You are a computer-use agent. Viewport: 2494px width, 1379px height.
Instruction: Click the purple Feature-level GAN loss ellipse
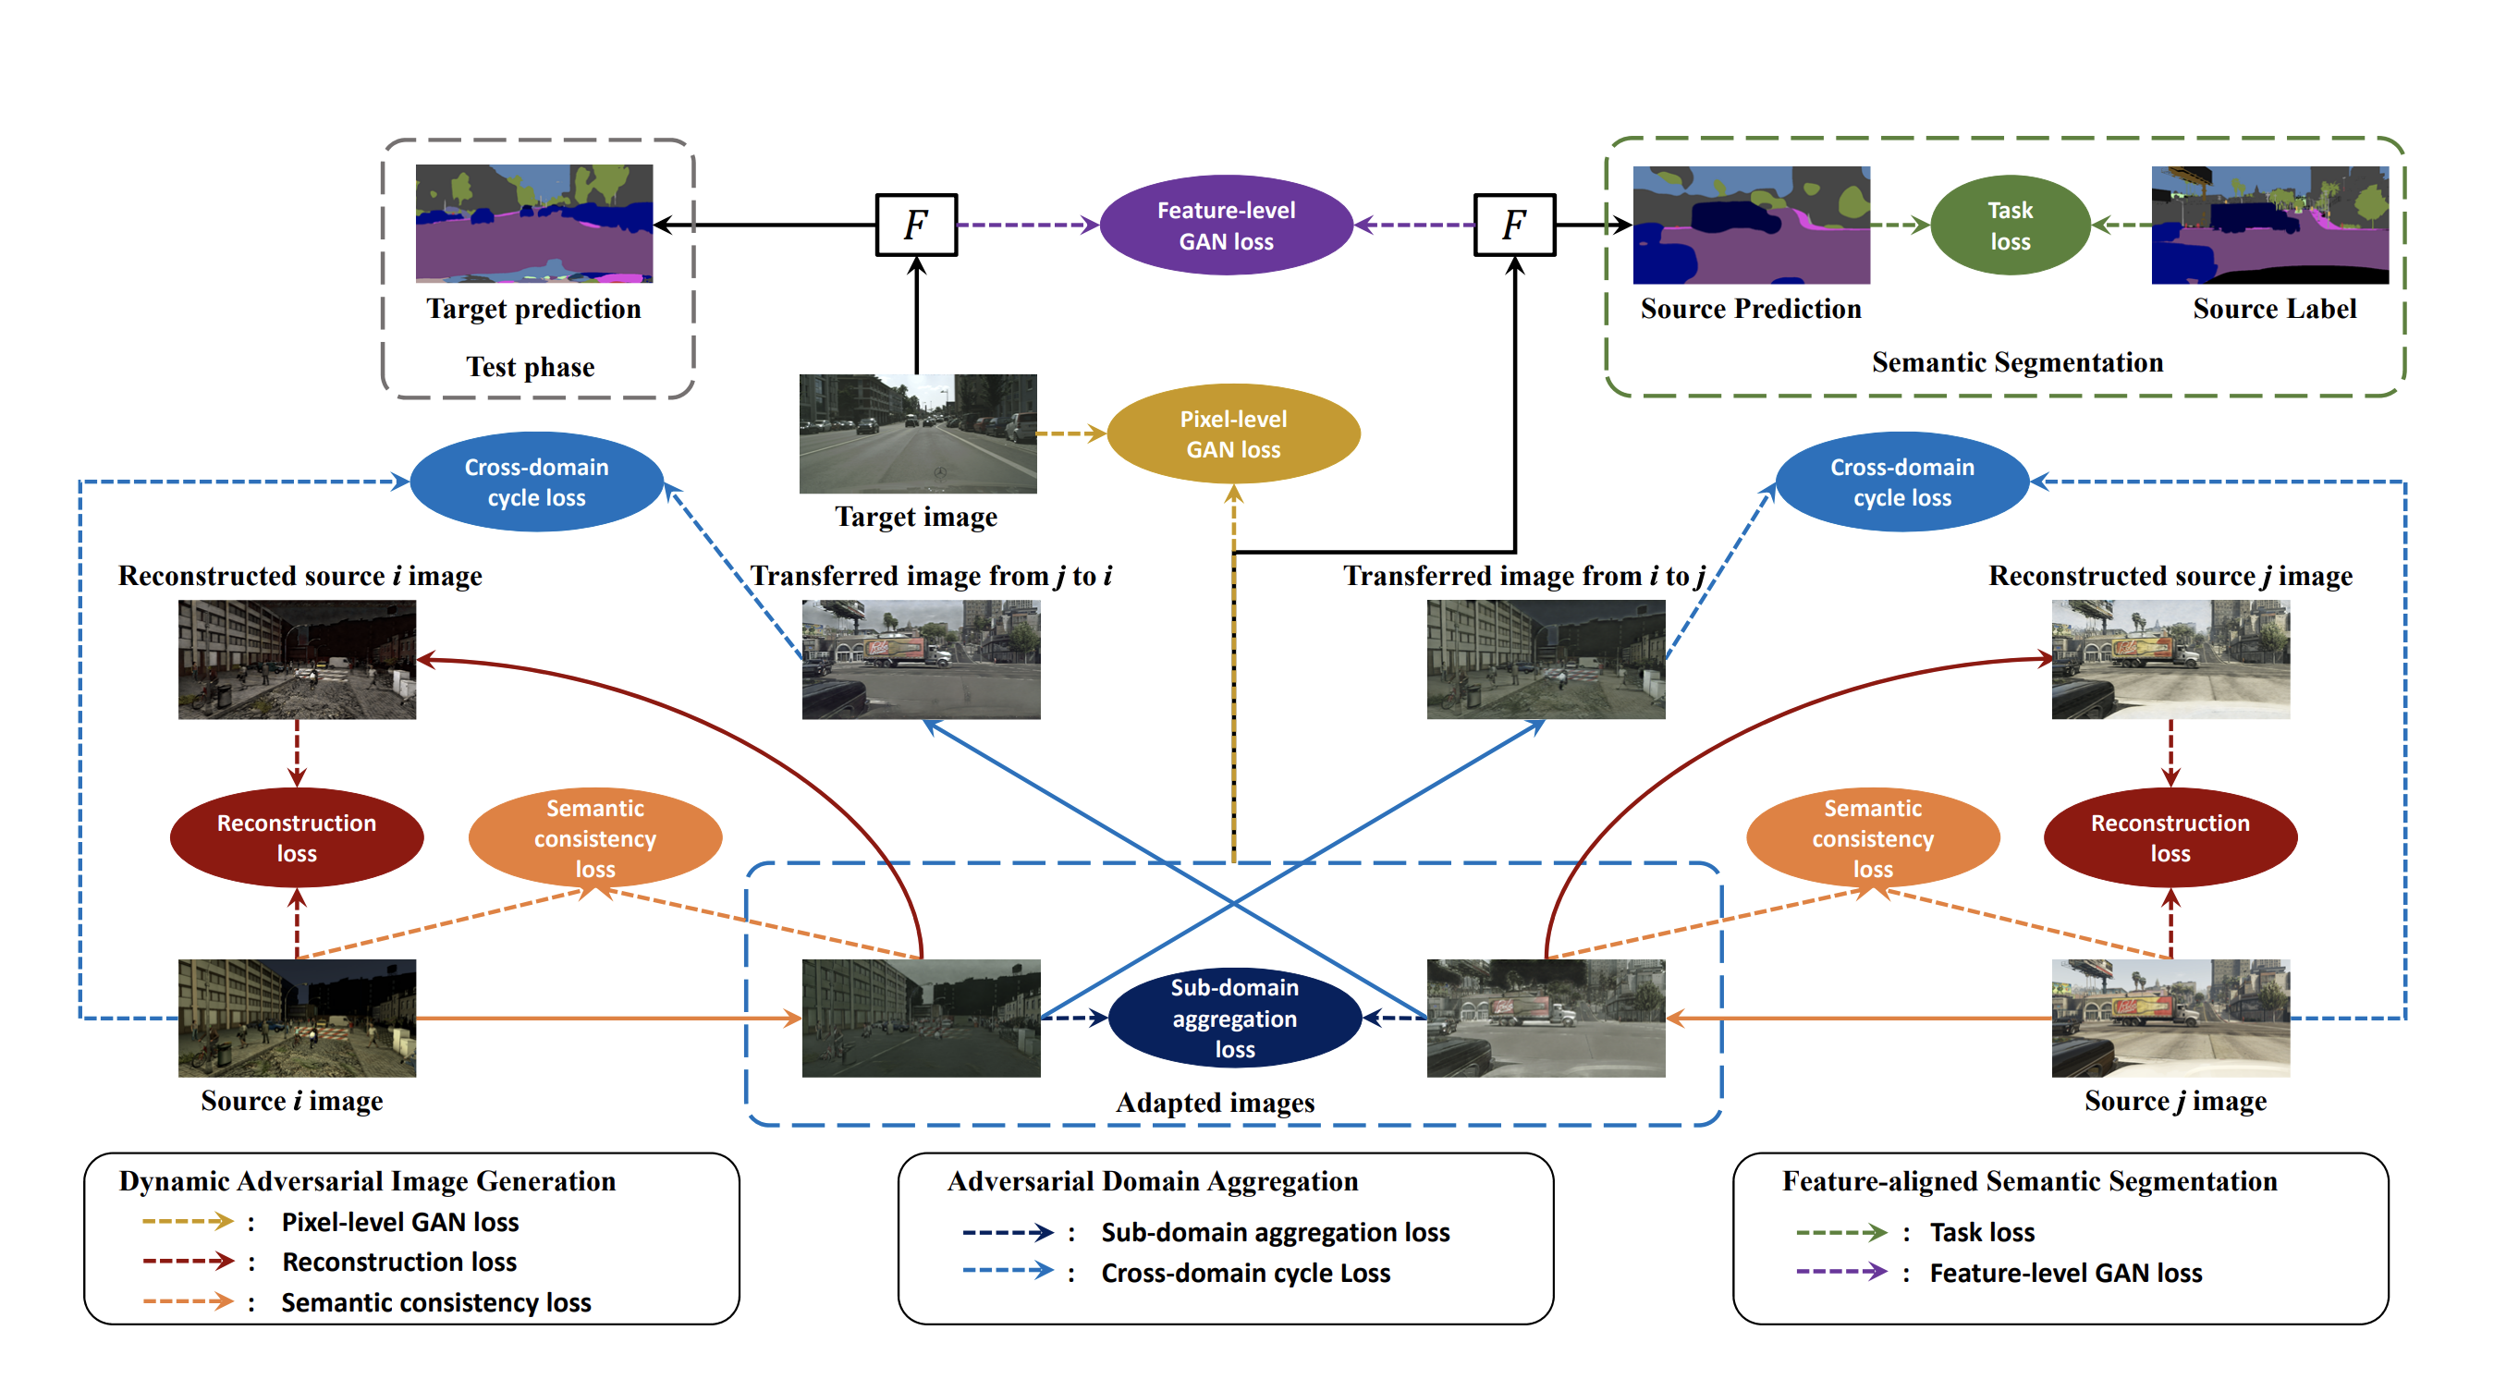click(x=1226, y=225)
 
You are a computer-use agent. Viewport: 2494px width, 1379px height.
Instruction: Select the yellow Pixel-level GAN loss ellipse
click(x=1233, y=433)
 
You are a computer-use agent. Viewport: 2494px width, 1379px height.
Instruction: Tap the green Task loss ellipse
click(x=2010, y=225)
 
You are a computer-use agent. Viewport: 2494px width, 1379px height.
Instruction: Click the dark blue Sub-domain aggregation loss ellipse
click(x=1234, y=1017)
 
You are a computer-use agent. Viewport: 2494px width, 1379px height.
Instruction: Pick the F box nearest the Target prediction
click(x=916, y=225)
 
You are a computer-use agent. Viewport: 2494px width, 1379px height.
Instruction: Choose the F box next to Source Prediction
click(x=1514, y=225)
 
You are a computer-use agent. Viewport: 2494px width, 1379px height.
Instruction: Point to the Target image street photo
click(x=917, y=433)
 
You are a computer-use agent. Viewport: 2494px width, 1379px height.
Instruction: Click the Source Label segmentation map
click(x=2269, y=225)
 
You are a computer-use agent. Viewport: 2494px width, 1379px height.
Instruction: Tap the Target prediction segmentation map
click(x=533, y=224)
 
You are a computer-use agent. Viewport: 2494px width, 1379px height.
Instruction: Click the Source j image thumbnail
click(x=2170, y=1017)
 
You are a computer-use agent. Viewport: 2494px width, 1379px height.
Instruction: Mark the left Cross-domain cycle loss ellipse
click(x=536, y=482)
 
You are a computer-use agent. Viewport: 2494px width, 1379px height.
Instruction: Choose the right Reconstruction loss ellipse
click(x=2170, y=837)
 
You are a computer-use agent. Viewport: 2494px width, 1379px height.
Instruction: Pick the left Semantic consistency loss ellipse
click(x=594, y=837)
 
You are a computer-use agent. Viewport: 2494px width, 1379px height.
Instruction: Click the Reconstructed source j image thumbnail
click(x=2170, y=659)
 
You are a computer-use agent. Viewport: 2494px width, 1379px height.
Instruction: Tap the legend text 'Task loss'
click(x=1981, y=1232)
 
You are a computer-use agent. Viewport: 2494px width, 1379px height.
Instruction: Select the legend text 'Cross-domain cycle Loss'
click(x=1245, y=1273)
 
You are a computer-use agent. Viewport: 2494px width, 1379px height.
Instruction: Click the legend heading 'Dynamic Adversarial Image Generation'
click(x=367, y=1180)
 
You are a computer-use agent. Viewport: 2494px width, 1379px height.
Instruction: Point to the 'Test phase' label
click(x=530, y=367)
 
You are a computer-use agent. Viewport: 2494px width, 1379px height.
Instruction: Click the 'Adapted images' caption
click(x=1215, y=1103)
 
